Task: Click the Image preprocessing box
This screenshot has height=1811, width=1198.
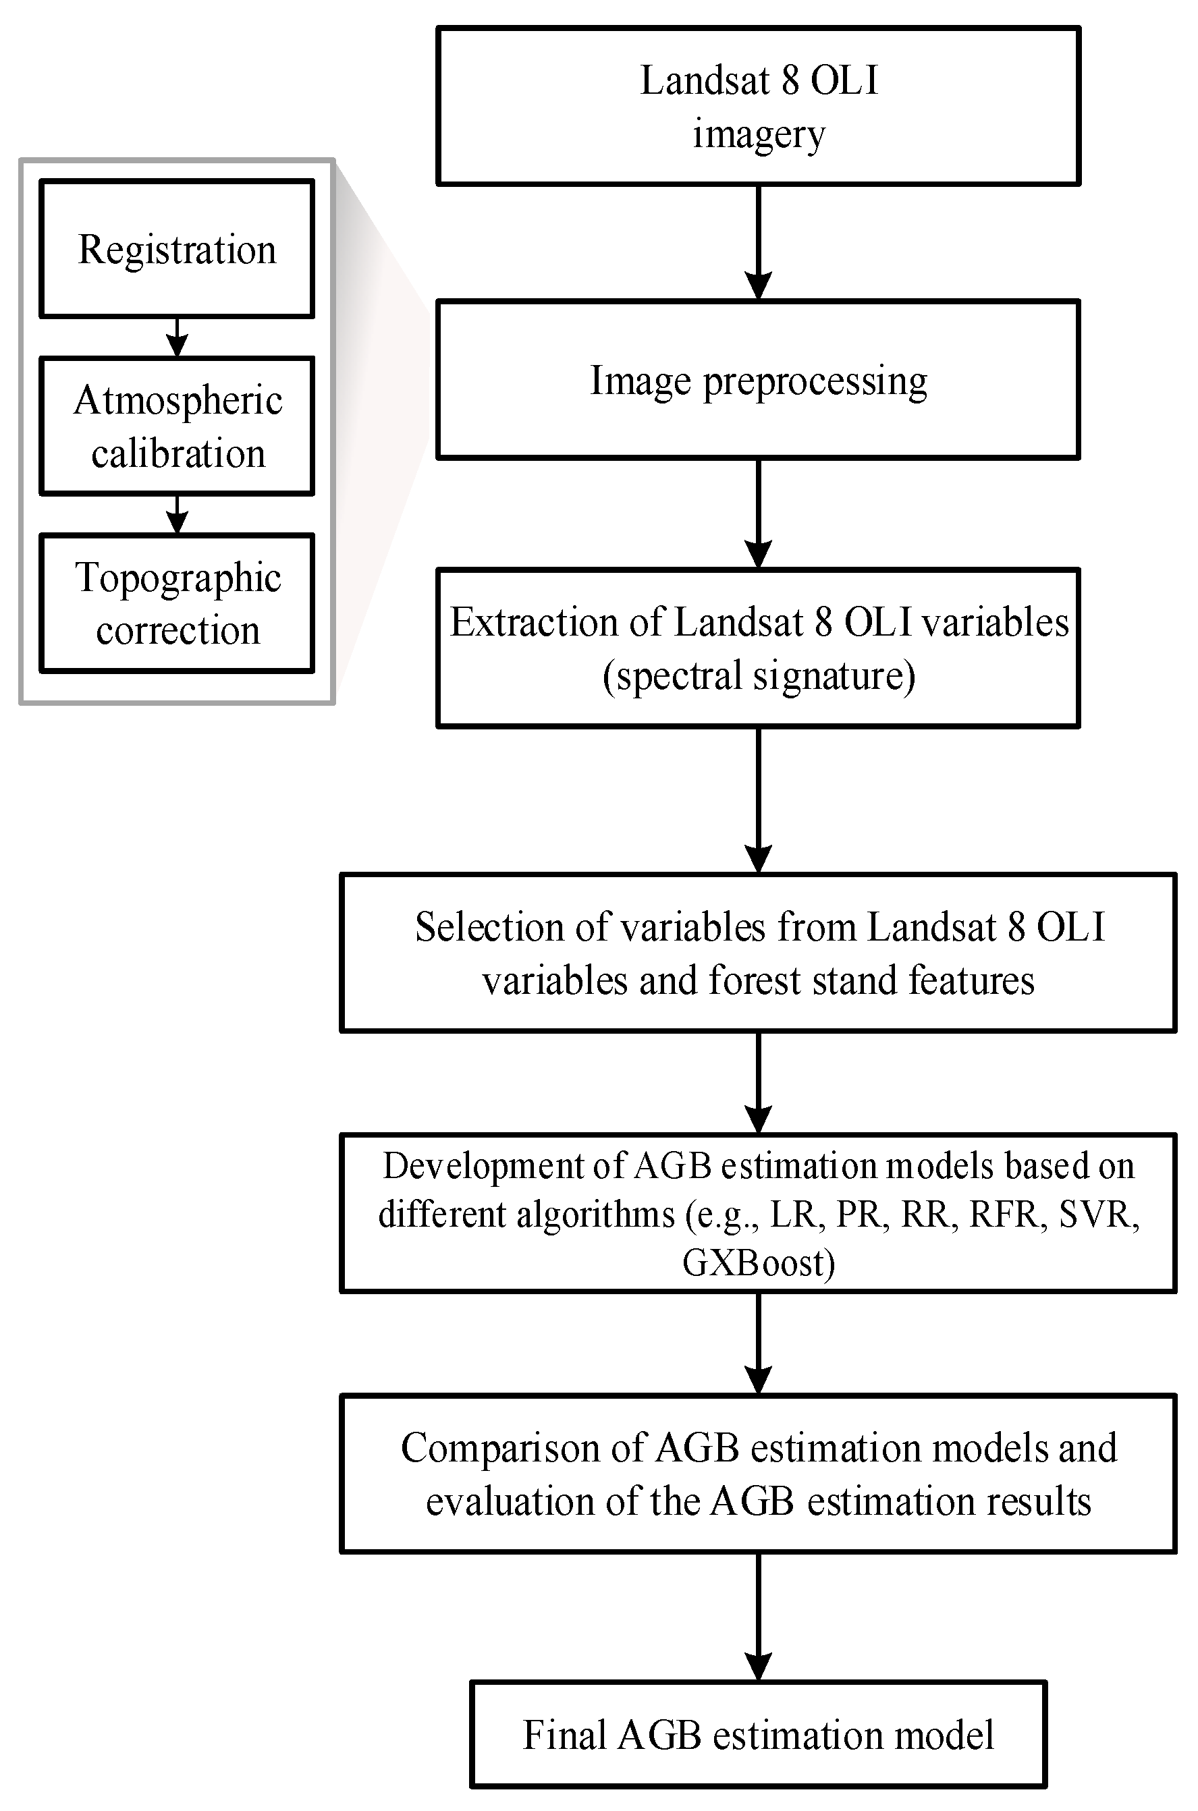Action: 757,380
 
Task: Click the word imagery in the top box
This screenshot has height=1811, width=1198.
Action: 759,134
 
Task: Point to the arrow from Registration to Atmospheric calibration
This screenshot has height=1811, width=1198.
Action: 178,337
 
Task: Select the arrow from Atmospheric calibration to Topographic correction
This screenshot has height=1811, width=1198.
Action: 178,514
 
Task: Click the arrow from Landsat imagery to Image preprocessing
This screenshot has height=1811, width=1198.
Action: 758,242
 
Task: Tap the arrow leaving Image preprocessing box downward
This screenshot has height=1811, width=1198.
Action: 758,513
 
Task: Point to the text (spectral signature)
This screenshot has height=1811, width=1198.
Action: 759,675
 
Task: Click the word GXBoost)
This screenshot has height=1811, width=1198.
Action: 758,1262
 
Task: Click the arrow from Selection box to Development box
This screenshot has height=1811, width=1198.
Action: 758,1082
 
